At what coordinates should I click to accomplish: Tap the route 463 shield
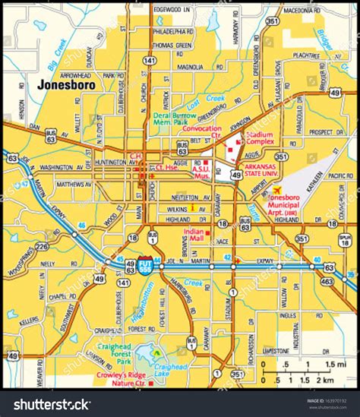(x=328, y=280)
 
